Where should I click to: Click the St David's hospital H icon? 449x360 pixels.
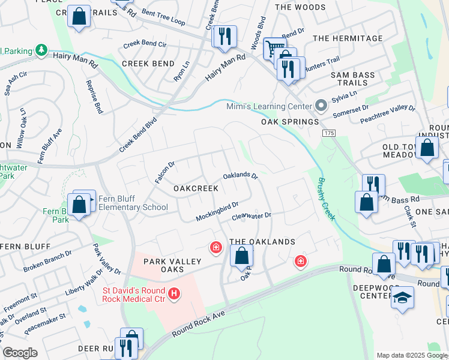pyautogui.click(x=174, y=293)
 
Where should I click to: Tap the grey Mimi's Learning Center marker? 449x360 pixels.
pyautogui.click(x=321, y=106)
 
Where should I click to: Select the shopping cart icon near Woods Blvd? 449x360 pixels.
pyautogui.click(x=274, y=48)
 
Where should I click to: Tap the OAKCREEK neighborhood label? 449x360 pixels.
pyautogui.click(x=196, y=188)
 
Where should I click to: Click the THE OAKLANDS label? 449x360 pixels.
pyautogui.click(x=262, y=242)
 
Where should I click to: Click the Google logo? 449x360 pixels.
pyautogui.click(x=20, y=353)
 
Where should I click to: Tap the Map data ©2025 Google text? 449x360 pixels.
pyautogui.click(x=411, y=355)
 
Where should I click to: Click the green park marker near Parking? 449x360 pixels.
pyautogui.click(x=41, y=50)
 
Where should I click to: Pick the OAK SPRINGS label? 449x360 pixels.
pyautogui.click(x=289, y=122)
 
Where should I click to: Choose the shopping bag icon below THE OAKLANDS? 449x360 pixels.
pyautogui.click(x=241, y=256)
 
